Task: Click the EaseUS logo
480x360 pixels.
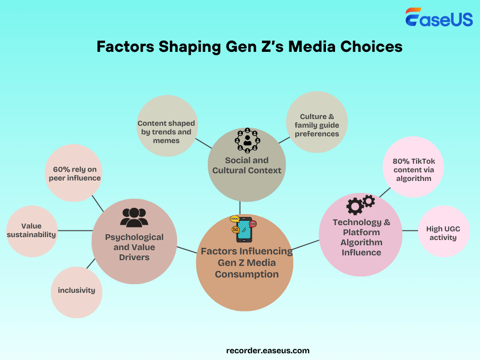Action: tap(439, 17)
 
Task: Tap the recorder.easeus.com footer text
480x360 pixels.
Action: tap(268, 350)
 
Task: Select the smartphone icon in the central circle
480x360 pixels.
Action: tap(244, 229)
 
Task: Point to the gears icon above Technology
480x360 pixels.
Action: tap(360, 204)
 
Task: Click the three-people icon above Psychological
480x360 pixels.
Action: tap(134, 217)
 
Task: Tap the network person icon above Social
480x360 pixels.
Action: tap(247, 141)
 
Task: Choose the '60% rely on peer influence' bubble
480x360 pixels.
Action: tap(74, 173)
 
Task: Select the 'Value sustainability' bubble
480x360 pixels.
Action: tap(32, 231)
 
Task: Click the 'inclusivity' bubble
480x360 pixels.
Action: tap(76, 292)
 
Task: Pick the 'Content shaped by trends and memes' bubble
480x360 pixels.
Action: tap(167, 126)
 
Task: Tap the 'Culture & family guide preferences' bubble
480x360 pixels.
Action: tap(317, 122)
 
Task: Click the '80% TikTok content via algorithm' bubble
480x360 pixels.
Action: tap(413, 167)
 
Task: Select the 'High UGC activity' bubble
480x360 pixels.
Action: tap(444, 231)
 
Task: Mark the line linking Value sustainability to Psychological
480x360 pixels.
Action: tap(75, 230)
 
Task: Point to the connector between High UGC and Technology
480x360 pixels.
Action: tap(410, 230)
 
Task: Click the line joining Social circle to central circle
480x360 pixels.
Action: tap(240, 208)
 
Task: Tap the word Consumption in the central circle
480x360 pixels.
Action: tap(247, 274)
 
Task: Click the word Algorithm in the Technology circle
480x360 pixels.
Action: tap(361, 242)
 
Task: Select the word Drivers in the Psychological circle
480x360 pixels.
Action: tap(134, 257)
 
